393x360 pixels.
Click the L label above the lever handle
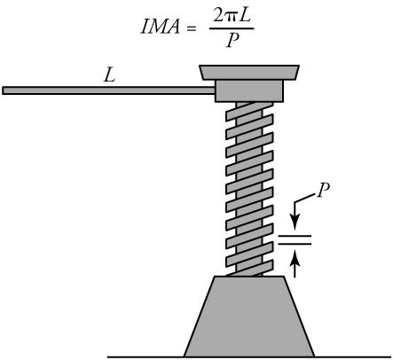tap(110, 76)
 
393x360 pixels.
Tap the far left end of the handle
tap(5, 90)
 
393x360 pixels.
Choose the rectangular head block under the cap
tap(248, 90)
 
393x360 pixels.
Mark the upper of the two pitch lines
tap(295, 235)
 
